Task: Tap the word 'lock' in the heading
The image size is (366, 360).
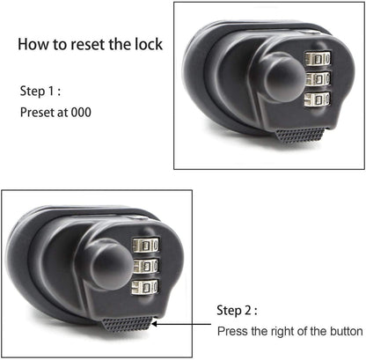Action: coord(147,43)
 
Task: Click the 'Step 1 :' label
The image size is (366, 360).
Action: coord(40,92)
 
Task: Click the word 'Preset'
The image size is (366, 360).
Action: coord(36,112)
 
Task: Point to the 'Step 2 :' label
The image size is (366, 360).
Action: coord(238,310)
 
